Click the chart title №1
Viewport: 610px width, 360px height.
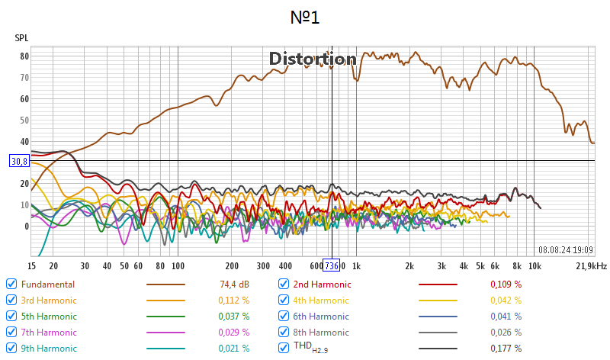tap(305, 16)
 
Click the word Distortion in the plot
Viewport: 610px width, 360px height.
tap(313, 59)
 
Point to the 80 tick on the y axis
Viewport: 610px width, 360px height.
tap(24, 56)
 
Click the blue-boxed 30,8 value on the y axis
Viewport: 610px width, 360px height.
tap(19, 161)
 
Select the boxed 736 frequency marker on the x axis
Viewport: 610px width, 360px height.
tap(331, 265)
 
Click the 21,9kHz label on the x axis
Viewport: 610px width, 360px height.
tap(591, 265)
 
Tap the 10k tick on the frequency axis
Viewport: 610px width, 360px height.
tap(535, 265)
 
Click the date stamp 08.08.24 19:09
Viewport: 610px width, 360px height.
tap(566, 249)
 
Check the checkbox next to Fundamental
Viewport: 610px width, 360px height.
tap(11, 284)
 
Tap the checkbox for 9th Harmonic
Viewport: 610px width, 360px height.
tap(11, 349)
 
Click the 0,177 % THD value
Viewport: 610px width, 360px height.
tap(506, 349)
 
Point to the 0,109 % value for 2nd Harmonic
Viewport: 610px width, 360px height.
tap(506, 284)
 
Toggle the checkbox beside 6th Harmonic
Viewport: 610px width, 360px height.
tap(284, 316)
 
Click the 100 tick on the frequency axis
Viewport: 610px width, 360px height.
tap(178, 265)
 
